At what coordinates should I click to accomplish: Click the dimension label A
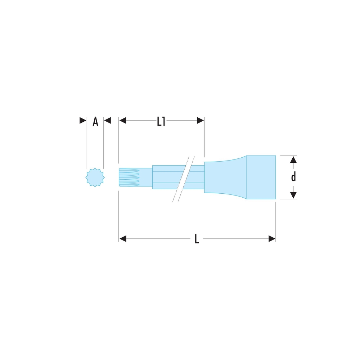(95, 121)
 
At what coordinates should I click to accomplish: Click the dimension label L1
(161, 121)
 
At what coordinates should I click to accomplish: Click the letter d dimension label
(293, 177)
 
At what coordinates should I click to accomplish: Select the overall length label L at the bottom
(197, 239)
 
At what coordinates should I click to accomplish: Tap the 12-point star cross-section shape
(95, 177)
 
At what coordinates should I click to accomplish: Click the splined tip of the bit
(136, 177)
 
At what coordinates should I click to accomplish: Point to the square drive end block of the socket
(261, 177)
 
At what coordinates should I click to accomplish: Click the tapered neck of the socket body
(225, 177)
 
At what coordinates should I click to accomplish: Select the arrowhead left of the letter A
(83, 120)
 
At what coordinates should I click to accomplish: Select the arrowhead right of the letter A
(107, 120)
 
